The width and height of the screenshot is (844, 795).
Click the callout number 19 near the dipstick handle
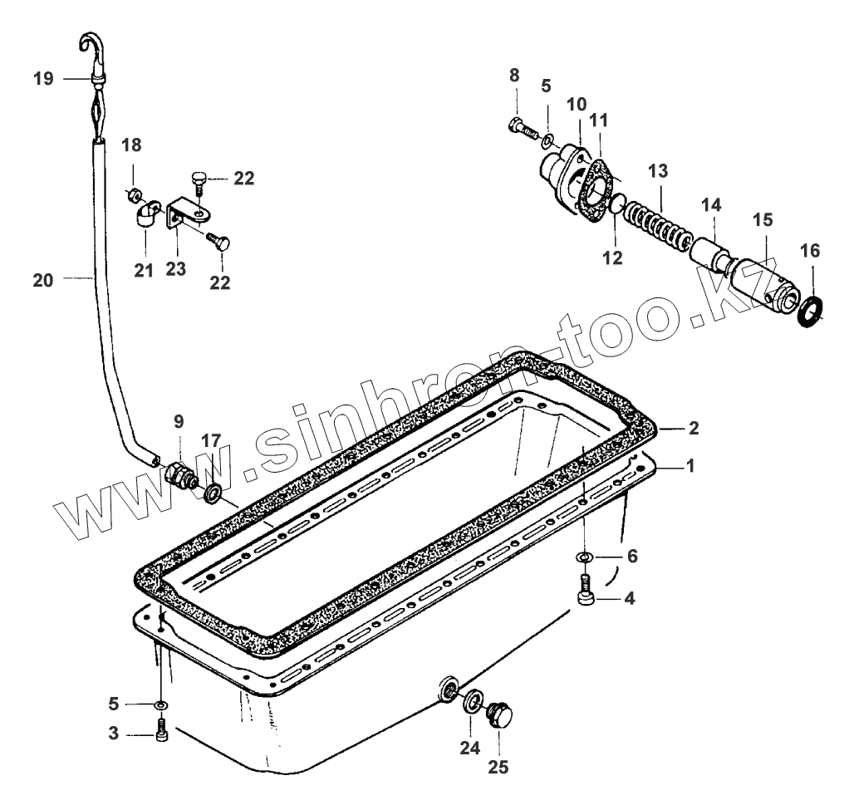[43, 79]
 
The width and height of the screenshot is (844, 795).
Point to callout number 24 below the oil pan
[470, 747]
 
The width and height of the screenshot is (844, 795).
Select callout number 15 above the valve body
[763, 220]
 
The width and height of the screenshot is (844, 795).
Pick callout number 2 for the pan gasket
[694, 429]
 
